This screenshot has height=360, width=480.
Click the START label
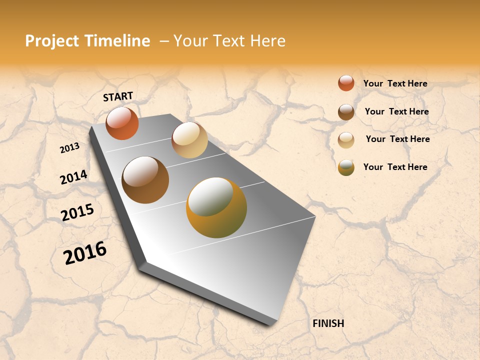tap(118, 96)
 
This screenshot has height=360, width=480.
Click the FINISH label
tap(328, 323)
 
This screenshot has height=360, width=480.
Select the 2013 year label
tap(69, 148)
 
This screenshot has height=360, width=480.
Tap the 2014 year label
tap(73, 177)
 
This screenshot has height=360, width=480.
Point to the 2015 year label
tap(77, 212)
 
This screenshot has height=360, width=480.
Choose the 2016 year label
tap(85, 253)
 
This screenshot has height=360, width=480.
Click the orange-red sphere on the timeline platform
tap(122, 123)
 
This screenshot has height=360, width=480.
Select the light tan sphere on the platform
tap(189, 140)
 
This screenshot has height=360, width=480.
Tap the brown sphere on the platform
tap(145, 179)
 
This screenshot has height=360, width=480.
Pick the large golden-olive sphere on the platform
tap(216, 207)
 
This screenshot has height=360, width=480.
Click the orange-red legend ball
tap(346, 83)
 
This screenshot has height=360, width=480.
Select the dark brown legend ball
tap(346, 112)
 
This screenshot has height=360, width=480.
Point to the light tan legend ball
tap(346, 140)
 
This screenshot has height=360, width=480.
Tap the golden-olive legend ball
tap(346, 167)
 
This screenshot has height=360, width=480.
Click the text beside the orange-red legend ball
tap(395, 83)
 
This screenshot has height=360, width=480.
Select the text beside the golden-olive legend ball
tap(395, 167)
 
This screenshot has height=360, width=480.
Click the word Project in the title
tap(52, 41)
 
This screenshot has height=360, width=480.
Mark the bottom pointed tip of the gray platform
tap(270, 324)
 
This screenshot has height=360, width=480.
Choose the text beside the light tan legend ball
tap(397, 139)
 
